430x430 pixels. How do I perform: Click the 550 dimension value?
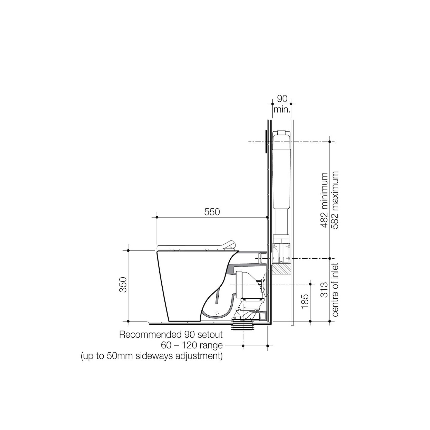tap(212, 212)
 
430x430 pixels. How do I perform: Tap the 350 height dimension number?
tap(123, 285)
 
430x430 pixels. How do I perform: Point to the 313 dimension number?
tap(324, 290)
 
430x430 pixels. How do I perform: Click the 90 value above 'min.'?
tap(282, 99)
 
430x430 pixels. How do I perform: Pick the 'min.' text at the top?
tap(282, 110)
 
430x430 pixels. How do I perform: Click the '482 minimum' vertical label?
tap(324, 200)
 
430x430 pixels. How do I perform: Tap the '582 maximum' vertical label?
tap(335, 200)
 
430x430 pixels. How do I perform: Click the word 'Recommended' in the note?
tap(150, 335)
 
